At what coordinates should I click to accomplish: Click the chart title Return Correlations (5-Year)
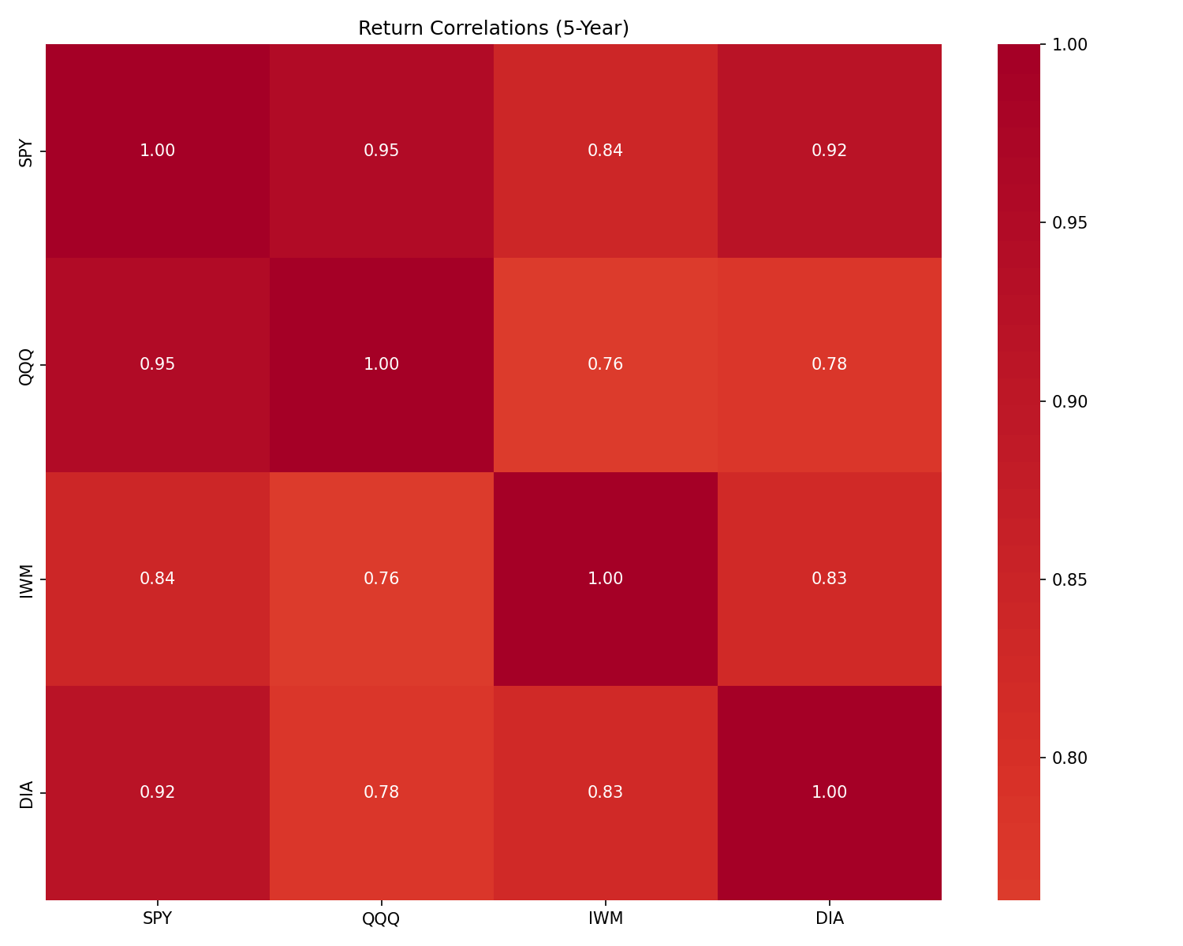tap(493, 28)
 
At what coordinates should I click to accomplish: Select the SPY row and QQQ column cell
tap(382, 151)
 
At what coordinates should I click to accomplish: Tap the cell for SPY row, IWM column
tap(606, 151)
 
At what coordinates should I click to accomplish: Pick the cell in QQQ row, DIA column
tap(830, 364)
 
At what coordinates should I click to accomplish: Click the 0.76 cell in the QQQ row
tap(606, 364)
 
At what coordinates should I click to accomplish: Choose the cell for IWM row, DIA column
tap(830, 579)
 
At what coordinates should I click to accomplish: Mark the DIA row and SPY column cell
tap(158, 792)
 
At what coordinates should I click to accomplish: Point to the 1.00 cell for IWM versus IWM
tap(606, 579)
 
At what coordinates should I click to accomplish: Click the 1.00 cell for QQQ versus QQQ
tap(382, 364)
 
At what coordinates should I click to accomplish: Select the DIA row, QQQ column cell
tap(382, 792)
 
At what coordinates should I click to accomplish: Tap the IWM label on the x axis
tap(606, 918)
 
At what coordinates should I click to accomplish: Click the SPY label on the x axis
tap(158, 918)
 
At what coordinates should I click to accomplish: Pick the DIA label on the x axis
tap(830, 918)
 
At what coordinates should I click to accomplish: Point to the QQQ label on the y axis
tap(27, 365)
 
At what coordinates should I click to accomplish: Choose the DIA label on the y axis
tap(27, 793)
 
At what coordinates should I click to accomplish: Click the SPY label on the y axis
tap(27, 151)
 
